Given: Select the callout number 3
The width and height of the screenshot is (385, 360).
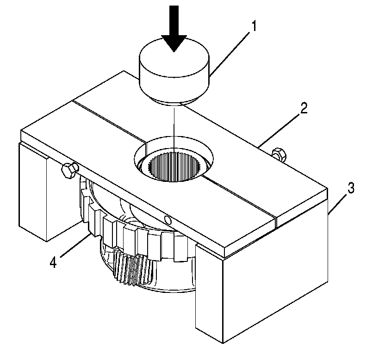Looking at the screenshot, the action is pos(352,189).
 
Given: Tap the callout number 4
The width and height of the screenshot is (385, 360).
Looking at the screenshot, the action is pos(54,262).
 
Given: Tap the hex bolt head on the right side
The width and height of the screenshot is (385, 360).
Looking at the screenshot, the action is pos(279,154).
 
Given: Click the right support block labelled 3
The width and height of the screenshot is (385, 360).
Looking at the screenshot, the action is pos(264,287).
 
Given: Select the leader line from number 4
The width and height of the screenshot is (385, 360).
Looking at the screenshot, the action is pos(74,248).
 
